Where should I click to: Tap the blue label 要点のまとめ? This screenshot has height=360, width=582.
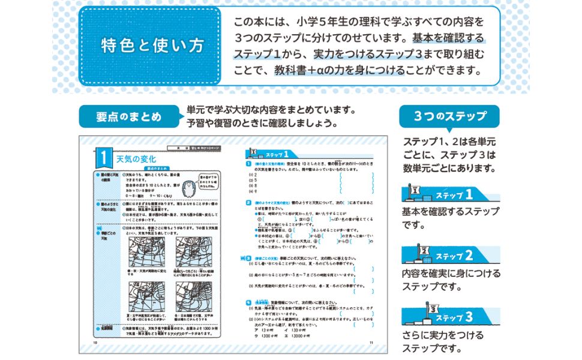[x=128, y=117]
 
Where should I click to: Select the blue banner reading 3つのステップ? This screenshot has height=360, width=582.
[x=450, y=116]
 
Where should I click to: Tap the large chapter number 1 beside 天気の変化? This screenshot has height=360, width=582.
[x=104, y=158]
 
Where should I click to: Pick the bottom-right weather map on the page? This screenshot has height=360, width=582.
[x=194, y=296]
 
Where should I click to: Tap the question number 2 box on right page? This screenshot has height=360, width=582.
[x=248, y=203]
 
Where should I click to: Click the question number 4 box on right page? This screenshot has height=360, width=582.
[x=248, y=302]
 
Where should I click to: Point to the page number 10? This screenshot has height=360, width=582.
[x=96, y=343]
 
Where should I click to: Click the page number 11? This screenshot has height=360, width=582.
[x=372, y=343]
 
